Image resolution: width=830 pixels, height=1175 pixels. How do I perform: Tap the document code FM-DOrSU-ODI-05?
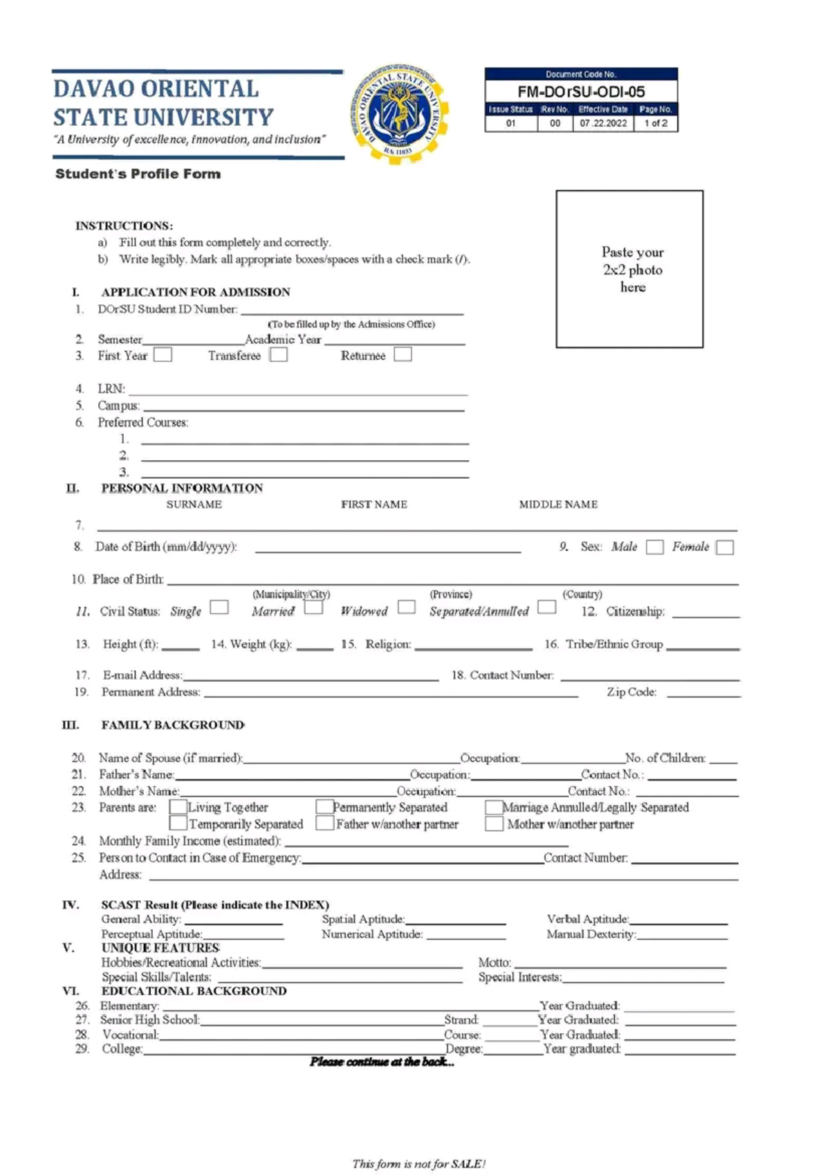point(581,91)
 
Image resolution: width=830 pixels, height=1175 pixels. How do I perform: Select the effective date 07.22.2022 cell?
point(603,123)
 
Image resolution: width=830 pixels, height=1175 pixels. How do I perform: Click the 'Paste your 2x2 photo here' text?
point(632,269)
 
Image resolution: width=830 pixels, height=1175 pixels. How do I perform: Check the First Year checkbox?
point(163,355)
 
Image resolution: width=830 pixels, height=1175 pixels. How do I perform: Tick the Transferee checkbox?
point(279,355)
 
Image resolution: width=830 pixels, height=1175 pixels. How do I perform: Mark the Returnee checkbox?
point(403,354)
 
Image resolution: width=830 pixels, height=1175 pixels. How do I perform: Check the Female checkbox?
point(724,547)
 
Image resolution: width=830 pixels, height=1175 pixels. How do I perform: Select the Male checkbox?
point(654,547)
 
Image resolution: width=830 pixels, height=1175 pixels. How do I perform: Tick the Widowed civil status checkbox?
point(407,607)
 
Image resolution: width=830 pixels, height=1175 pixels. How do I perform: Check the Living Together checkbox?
point(178,807)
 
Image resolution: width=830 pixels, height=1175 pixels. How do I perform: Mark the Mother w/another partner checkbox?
point(494,824)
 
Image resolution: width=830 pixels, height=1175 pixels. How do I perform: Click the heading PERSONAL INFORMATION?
point(182,488)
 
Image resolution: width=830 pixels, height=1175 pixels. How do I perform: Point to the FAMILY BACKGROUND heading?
point(173,725)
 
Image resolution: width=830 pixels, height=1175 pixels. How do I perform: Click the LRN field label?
point(111,389)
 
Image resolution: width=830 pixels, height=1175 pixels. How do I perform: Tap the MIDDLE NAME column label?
point(558,504)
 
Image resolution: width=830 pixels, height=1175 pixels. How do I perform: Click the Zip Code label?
point(631,692)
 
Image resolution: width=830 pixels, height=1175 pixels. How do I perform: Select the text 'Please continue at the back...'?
point(382,1062)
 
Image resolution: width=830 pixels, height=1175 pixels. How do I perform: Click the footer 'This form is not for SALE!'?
point(418,1164)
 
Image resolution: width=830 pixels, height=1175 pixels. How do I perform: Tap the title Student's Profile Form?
point(138,174)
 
